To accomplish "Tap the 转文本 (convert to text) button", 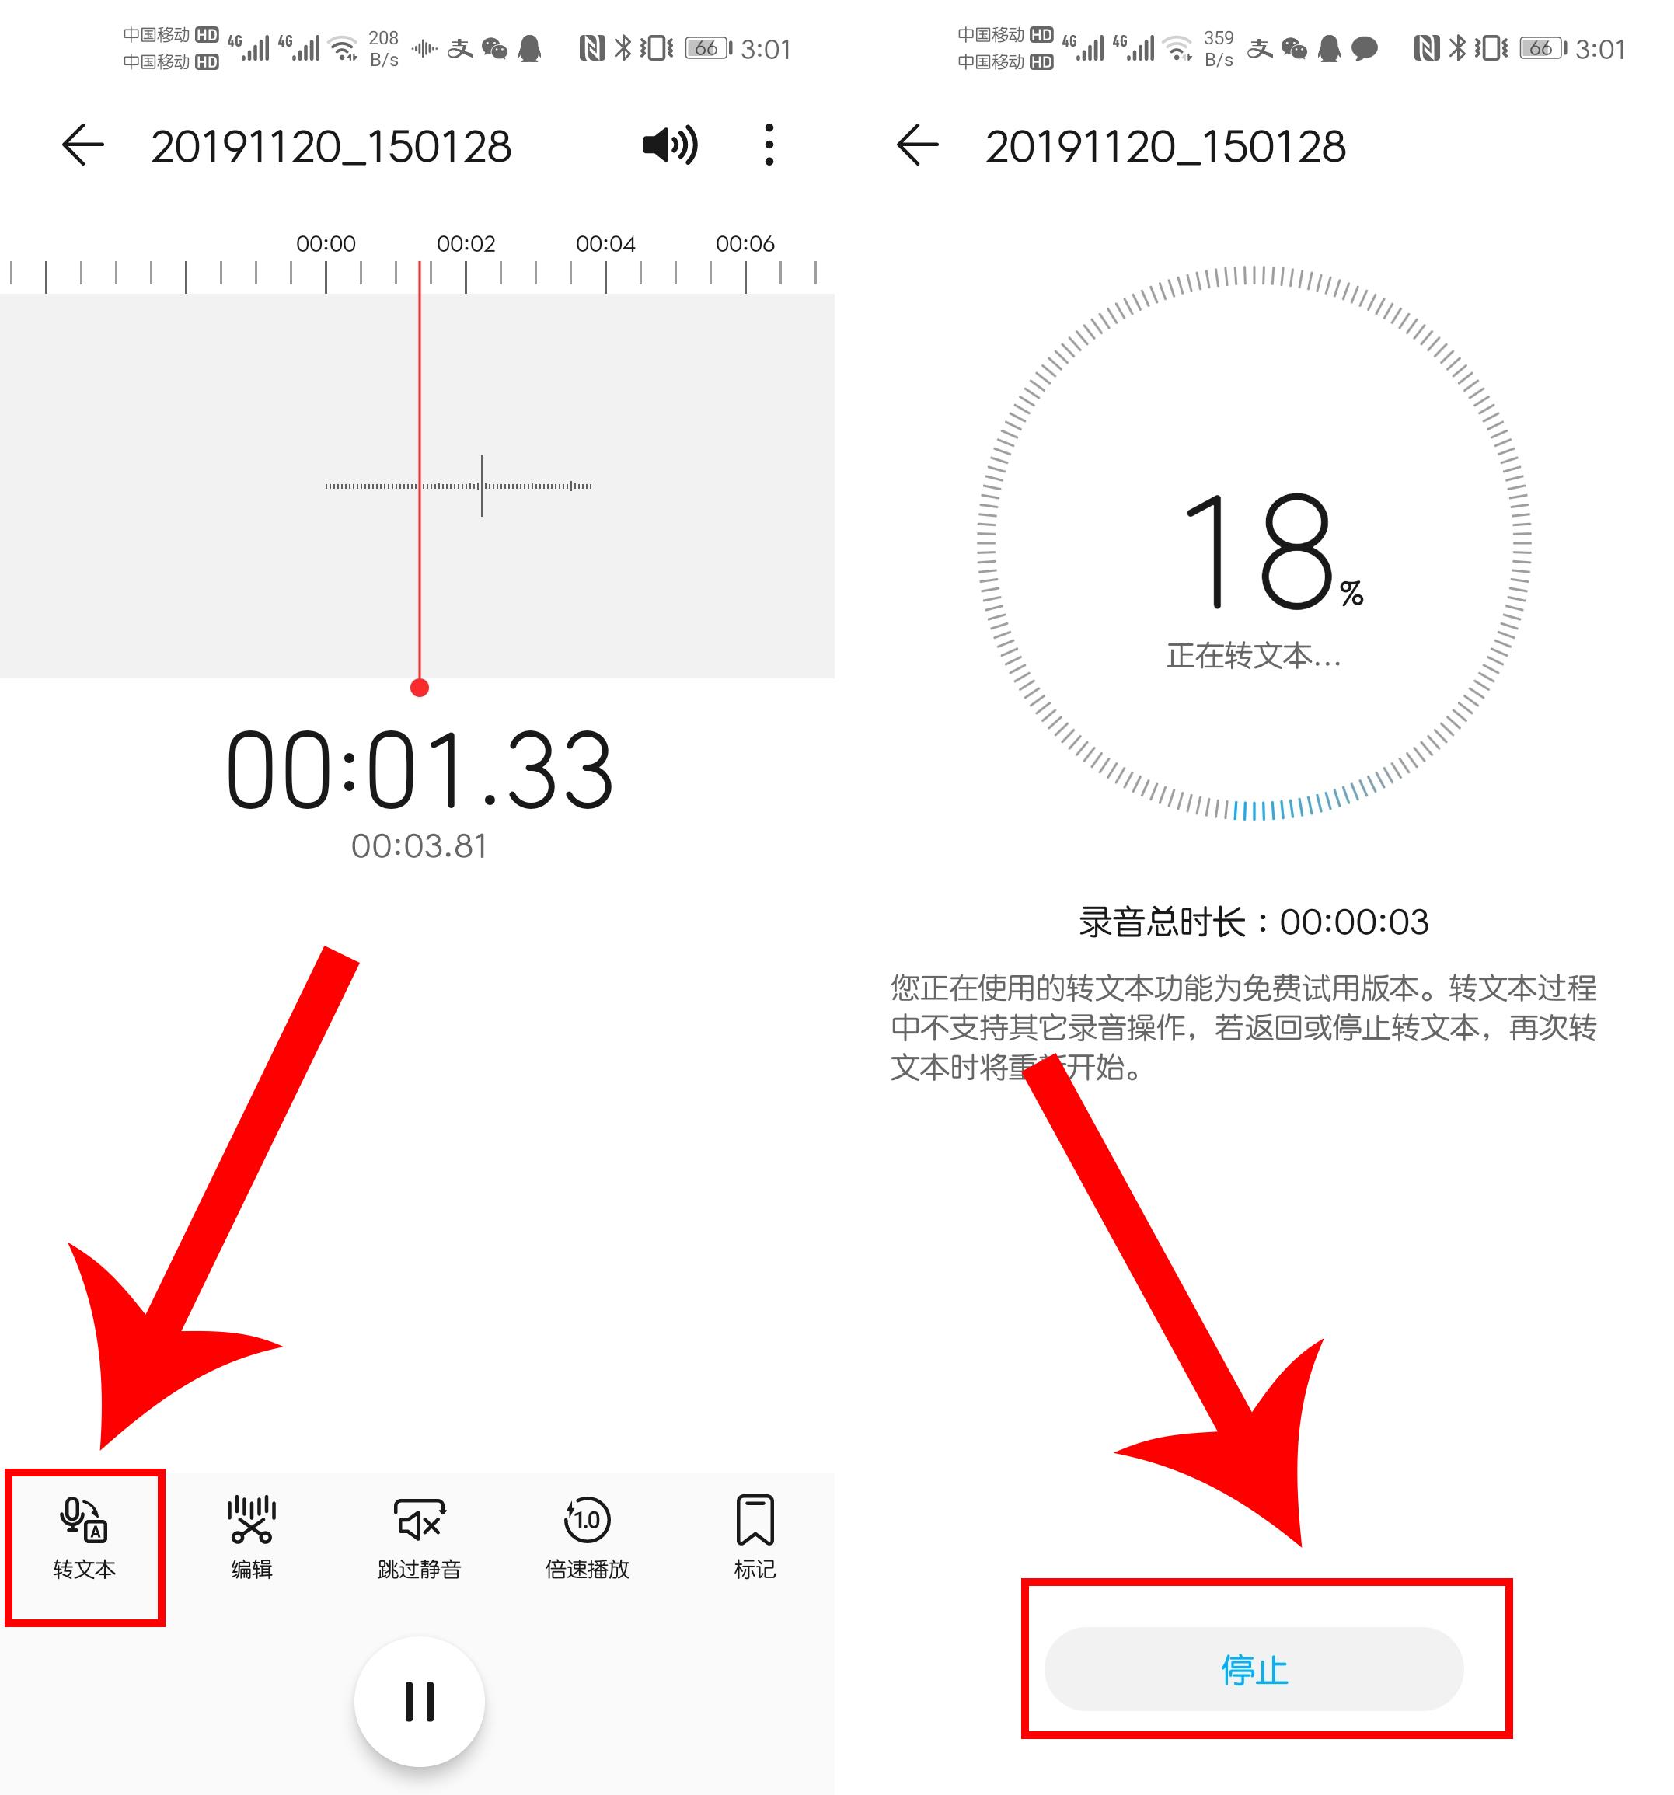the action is [84, 1538].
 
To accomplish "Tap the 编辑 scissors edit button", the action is [251, 1538].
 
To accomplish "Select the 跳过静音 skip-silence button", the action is [419, 1538].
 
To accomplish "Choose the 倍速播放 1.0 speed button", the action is [587, 1538].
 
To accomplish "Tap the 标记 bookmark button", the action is [755, 1538].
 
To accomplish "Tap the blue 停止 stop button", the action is [1254, 1669].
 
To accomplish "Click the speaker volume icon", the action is [670, 145].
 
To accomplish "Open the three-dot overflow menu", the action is [769, 145].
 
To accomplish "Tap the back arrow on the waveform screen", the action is [83, 145].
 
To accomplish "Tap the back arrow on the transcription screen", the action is [917, 145].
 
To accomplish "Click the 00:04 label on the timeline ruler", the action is [606, 244].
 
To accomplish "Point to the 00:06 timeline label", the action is [745, 244].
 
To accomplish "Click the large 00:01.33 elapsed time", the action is [420, 770].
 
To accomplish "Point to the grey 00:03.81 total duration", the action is [419, 846].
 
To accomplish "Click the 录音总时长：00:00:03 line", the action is [1254, 922].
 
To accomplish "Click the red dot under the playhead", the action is [419, 688].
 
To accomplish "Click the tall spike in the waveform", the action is [481, 486].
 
